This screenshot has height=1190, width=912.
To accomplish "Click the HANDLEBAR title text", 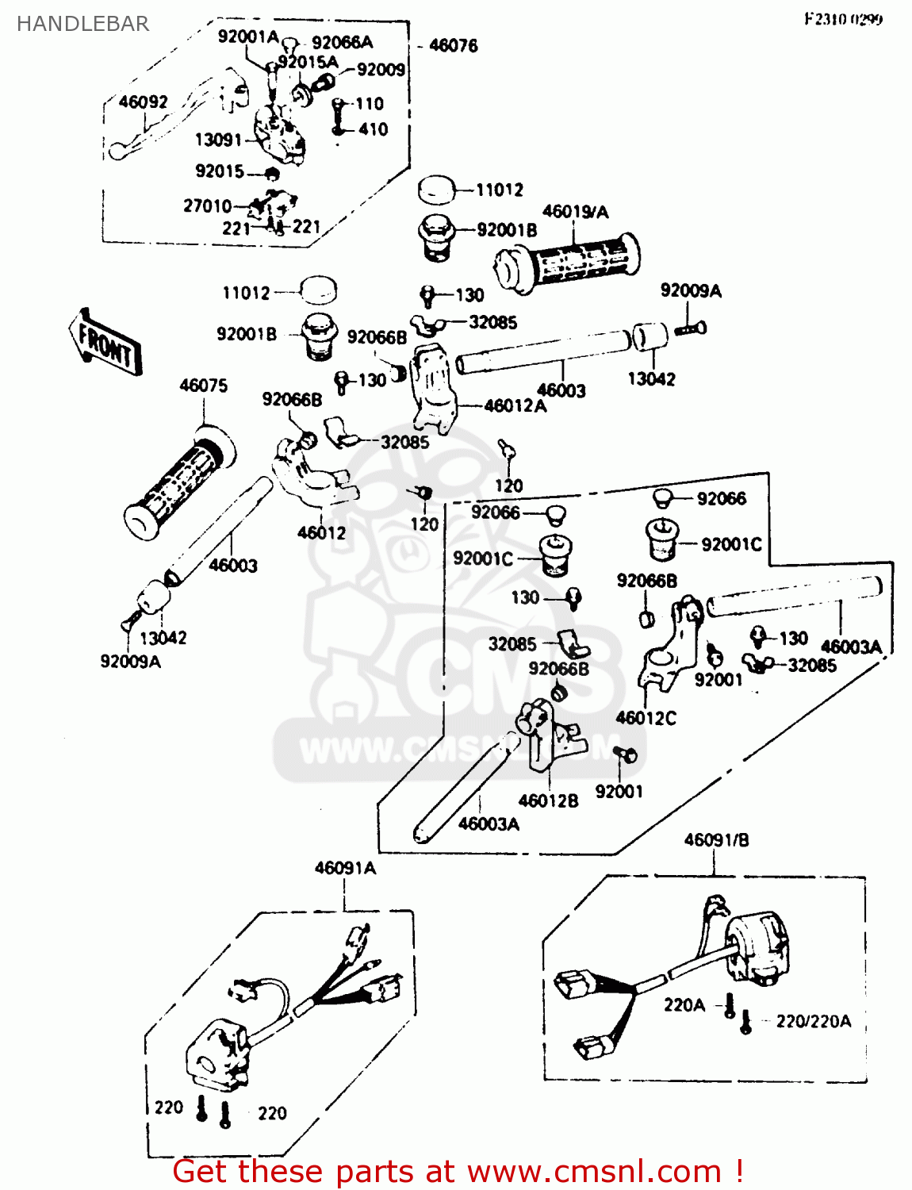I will pos(82,24).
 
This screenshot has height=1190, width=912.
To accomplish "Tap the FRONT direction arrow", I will pos(105,343).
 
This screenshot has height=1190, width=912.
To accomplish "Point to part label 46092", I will pos(143,102).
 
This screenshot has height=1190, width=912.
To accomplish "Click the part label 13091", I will pos(218,140).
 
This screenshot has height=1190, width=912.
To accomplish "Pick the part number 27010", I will pos(207,205).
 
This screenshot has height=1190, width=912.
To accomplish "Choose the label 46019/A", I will pos(575,211).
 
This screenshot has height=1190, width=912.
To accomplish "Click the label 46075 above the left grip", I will pos(203,386).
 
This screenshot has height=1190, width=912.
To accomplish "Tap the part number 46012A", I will pos(515,405).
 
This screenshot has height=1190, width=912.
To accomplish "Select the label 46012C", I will pos(646,718).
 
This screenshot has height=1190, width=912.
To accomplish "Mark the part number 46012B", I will pos(548,800).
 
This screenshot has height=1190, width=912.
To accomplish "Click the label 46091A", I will pos(345,868).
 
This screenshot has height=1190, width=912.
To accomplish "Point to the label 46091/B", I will pos(716,839).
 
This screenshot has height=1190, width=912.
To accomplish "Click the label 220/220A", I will pos(813,1021).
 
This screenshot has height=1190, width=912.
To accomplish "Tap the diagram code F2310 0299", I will pos(843,19).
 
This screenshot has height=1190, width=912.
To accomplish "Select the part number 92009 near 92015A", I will pos(381,70).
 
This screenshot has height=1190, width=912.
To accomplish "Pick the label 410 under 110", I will pos(373,129).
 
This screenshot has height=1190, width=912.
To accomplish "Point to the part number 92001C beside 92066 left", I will pos(483,559).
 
